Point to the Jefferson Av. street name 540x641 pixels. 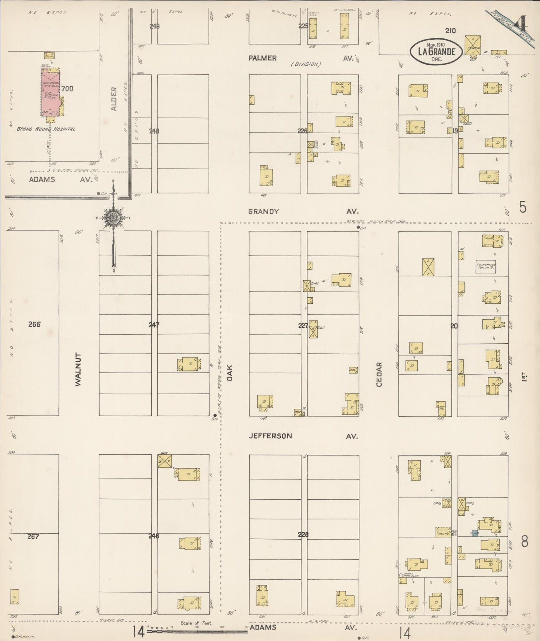(270, 436)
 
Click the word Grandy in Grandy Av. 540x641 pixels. (263, 211)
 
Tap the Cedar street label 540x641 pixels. (379, 374)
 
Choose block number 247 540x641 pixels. (154, 325)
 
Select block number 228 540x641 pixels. (303, 534)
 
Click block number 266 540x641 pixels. (34, 324)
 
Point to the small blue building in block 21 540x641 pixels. (475, 533)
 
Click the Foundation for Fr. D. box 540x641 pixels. (485, 267)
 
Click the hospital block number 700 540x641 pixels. (68, 89)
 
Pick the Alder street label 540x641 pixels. (114, 99)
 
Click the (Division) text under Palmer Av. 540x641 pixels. (306, 64)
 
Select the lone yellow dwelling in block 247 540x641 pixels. (189, 364)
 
